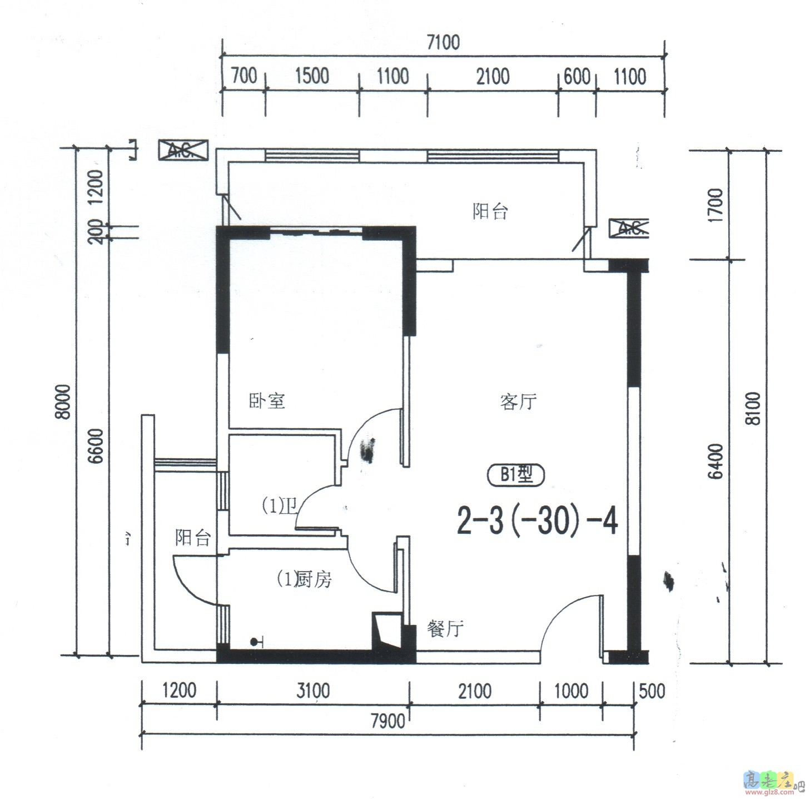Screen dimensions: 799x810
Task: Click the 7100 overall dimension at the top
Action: click(443, 42)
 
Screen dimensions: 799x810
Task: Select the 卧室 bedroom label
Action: click(267, 400)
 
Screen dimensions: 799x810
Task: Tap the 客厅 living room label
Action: click(518, 401)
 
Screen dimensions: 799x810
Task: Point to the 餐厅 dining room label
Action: click(445, 628)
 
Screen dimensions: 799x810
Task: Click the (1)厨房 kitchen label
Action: click(305, 579)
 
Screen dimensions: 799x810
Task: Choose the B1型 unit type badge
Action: click(515, 475)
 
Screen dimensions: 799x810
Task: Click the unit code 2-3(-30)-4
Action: click(537, 522)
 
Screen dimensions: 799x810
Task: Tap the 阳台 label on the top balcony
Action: click(490, 211)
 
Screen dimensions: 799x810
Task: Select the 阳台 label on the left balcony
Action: click(193, 538)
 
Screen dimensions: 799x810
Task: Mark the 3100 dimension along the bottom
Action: click(313, 691)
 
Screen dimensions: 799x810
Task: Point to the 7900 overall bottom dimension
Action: click(387, 722)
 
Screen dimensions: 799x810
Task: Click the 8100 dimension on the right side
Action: click(753, 409)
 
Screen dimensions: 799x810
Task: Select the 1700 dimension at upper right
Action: click(716, 206)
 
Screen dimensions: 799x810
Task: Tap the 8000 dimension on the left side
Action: click(64, 401)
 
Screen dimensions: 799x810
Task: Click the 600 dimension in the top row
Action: click(577, 77)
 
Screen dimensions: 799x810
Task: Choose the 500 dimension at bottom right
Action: click(652, 691)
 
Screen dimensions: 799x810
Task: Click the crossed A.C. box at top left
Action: click(183, 150)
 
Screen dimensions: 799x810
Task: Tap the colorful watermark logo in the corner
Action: click(771, 781)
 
